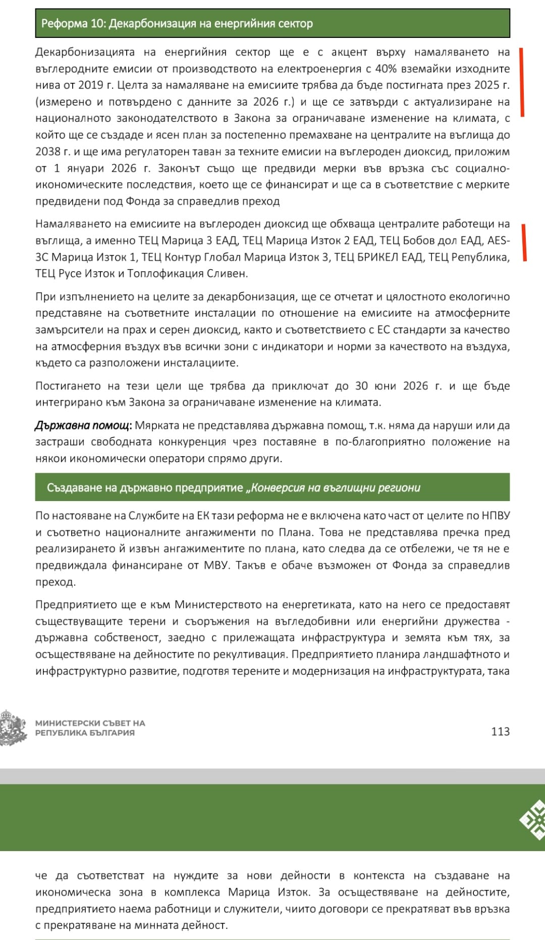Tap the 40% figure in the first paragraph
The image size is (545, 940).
click(x=386, y=69)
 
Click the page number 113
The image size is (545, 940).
click(x=500, y=731)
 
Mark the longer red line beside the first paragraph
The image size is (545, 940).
click(x=522, y=82)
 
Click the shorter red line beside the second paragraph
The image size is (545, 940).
click(x=524, y=243)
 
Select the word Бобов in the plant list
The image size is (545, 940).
click(x=419, y=240)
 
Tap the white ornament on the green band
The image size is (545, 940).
click(x=533, y=819)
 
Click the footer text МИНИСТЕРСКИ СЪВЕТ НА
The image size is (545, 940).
click(x=90, y=723)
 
